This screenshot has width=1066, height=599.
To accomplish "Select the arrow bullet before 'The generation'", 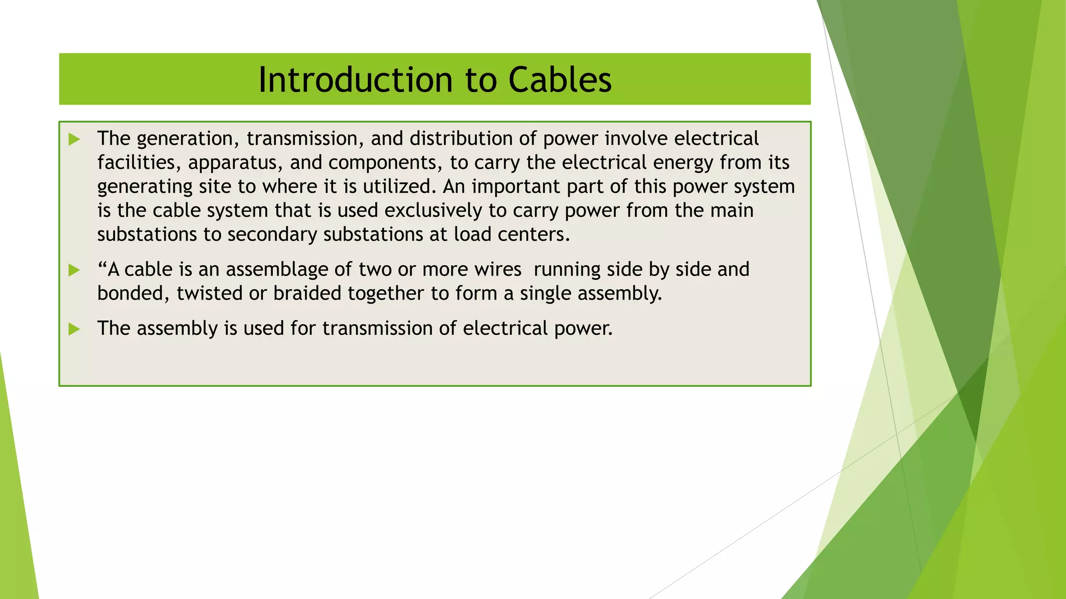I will coord(74,139).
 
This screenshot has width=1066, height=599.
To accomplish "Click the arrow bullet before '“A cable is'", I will coord(74,270).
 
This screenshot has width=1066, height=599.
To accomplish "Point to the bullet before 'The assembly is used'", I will coord(74,329).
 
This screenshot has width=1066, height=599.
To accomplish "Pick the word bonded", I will coord(133,293).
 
